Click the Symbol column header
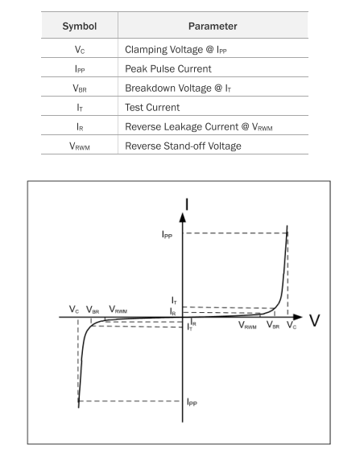click(x=80, y=27)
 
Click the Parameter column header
click(x=213, y=27)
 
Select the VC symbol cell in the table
click(x=80, y=50)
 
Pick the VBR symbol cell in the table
click(x=80, y=89)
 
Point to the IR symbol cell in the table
click(x=80, y=127)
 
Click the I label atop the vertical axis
click(x=187, y=204)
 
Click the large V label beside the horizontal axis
click(x=314, y=320)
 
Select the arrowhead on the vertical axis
click(x=183, y=217)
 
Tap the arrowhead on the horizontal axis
click(x=297, y=317)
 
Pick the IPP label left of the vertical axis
click(x=167, y=234)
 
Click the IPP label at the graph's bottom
click(x=192, y=402)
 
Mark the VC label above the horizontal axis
click(x=74, y=309)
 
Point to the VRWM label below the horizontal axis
click(x=247, y=325)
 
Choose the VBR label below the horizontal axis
click(x=273, y=325)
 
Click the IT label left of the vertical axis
click(x=174, y=300)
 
